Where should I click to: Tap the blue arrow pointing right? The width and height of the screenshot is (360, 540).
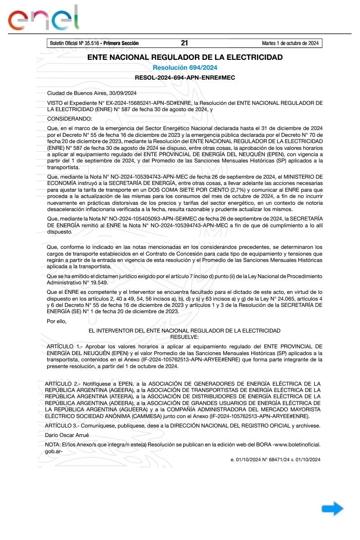coord(332,509)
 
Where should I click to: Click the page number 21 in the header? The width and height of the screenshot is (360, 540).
coord(184,43)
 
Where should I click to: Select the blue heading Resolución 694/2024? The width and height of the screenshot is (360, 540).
coord(185,67)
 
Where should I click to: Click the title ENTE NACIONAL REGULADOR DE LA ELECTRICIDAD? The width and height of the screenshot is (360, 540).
coord(185,57)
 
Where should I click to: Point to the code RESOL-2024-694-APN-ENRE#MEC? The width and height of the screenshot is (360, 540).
coord(185,77)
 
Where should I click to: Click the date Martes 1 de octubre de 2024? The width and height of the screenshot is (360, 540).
coord(290,43)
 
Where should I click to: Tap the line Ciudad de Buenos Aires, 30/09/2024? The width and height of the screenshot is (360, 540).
coord(92,93)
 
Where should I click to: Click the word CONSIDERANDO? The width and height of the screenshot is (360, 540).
coord(69,119)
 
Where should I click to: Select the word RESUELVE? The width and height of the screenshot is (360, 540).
coord(184,337)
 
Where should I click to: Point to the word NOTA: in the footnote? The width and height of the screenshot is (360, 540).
coord(55,445)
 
